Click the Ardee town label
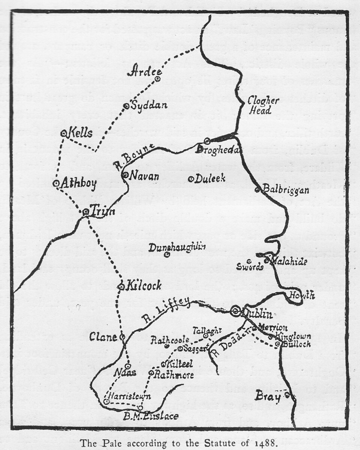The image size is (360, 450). point(144,71)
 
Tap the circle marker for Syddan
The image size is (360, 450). point(126,106)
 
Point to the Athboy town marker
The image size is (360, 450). point(56,183)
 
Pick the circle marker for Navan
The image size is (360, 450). point(125,175)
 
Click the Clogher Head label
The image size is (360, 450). point(263,106)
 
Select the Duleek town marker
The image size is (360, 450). point(190,179)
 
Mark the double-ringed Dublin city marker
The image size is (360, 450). point(235,310)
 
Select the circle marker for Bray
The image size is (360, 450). point(287,395)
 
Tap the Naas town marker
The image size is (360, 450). point(128,366)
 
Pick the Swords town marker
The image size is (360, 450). point(249,261)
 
